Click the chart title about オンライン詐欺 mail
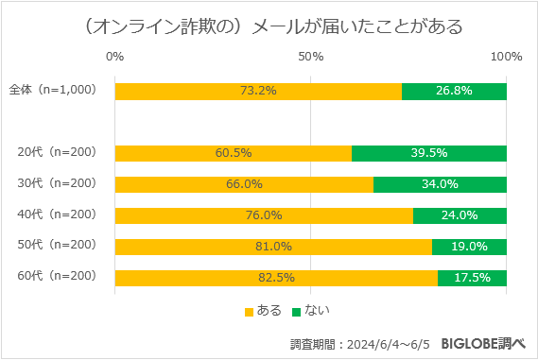point(269,26)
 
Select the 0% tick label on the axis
point(114,57)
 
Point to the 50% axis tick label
point(311,57)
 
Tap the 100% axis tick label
point(506,57)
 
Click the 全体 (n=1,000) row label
point(53,91)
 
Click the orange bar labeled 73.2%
point(258,91)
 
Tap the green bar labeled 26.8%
point(454,91)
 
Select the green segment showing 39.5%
point(429,152)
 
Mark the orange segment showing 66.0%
point(244,183)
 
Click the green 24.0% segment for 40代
point(460,214)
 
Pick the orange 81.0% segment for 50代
point(273,246)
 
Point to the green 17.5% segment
point(472,277)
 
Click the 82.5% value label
point(276,277)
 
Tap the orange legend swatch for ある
point(250,311)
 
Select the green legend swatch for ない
point(295,311)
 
